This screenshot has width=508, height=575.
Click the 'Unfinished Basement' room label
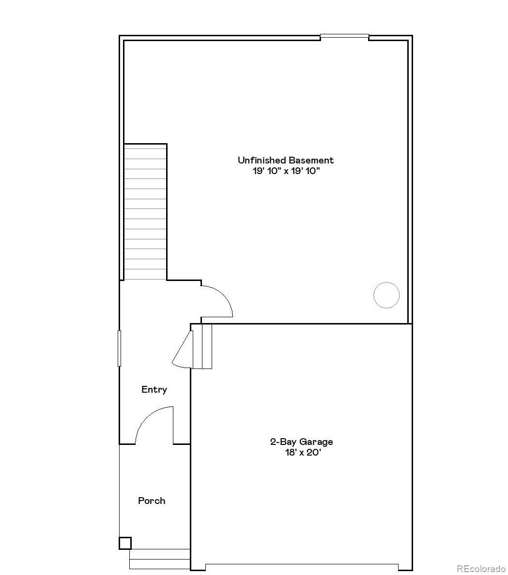click(285, 160)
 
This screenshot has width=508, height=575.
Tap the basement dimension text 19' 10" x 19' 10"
click(286, 171)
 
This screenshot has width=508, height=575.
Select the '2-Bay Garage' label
click(301, 442)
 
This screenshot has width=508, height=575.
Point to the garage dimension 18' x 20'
click(302, 453)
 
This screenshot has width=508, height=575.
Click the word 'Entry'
click(154, 389)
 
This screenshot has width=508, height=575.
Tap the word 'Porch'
click(152, 501)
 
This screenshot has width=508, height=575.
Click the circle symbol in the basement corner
click(386, 295)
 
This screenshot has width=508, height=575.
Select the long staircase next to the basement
click(145, 212)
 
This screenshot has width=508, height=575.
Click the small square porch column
click(125, 543)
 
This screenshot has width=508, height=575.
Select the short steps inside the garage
click(202, 346)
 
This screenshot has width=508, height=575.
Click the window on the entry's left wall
click(119, 348)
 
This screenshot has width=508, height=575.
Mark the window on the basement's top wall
click(344, 36)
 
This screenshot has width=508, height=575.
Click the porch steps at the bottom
click(159, 559)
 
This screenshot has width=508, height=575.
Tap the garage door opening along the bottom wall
click(302, 566)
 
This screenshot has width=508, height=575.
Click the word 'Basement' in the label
click(311, 160)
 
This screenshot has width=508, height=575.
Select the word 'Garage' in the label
click(316, 442)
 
